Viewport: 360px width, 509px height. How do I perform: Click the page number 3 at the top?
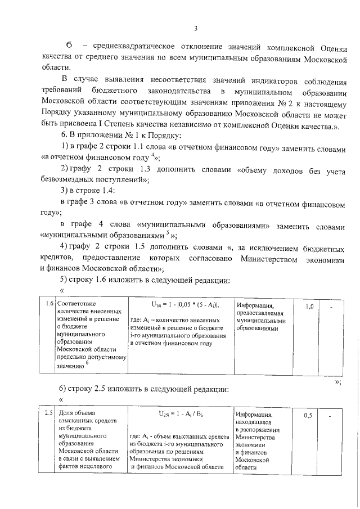pyautogui.click(x=195, y=29)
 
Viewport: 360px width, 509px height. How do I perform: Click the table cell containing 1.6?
pyautogui.click(x=49, y=304)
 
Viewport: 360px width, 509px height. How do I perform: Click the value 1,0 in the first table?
pyautogui.click(x=309, y=307)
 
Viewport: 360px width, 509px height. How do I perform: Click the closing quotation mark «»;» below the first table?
pyautogui.click(x=338, y=382)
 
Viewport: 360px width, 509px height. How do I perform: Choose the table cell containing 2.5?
pyautogui.click(x=49, y=414)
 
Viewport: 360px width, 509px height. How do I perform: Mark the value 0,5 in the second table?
pyautogui.click(x=308, y=416)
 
